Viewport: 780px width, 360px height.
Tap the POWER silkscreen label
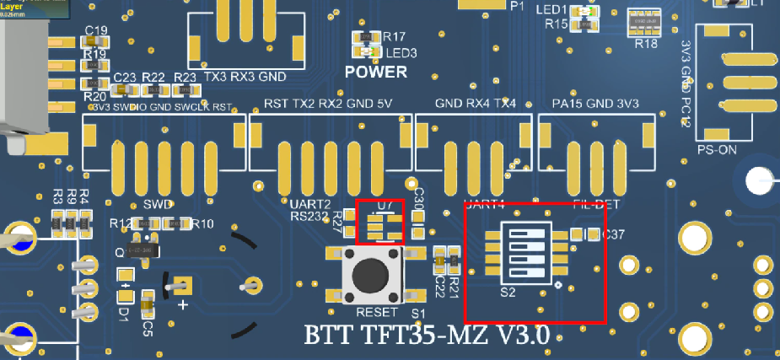(375, 72)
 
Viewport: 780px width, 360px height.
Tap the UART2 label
(309, 204)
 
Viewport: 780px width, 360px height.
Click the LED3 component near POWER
(365, 51)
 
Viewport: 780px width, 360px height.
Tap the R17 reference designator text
(395, 37)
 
